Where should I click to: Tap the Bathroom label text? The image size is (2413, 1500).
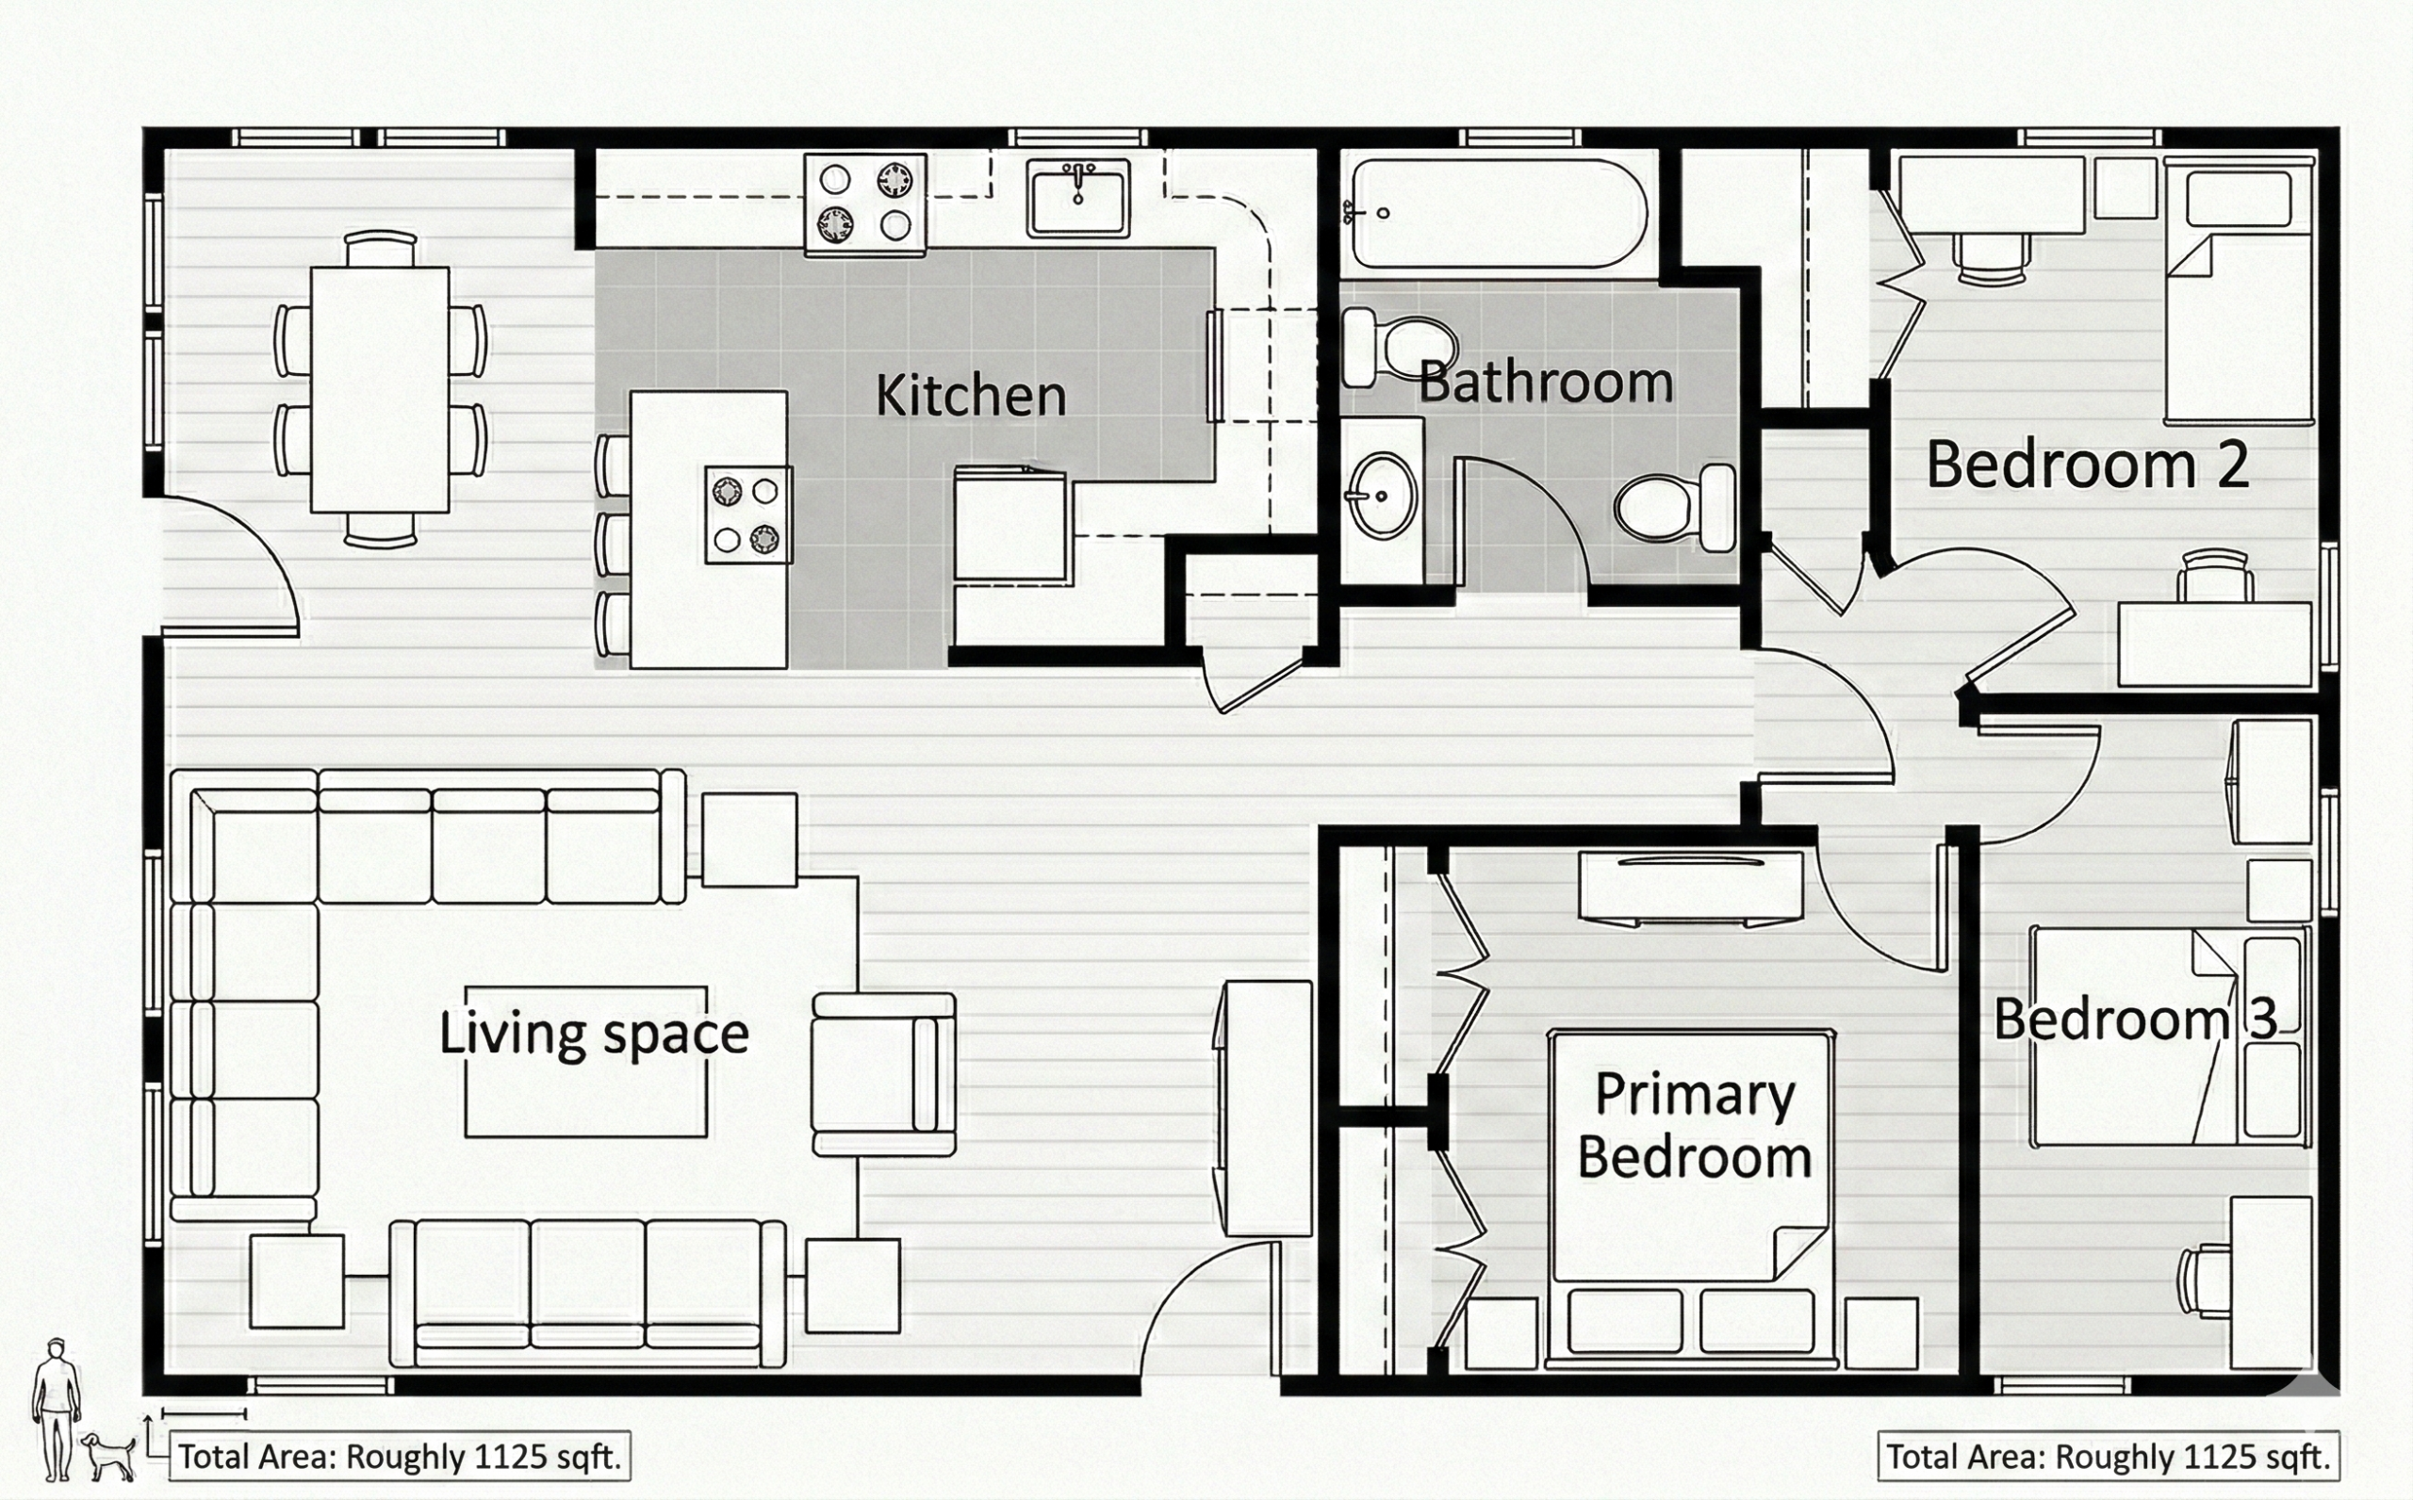tap(1546, 383)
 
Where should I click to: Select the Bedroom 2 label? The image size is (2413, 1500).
tap(2088, 465)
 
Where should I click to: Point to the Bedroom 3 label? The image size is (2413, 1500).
tap(2135, 1019)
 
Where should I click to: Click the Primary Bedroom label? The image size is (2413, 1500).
tap(1695, 1126)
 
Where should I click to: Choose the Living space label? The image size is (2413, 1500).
tap(593, 1034)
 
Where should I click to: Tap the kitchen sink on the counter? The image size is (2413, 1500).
tap(1077, 199)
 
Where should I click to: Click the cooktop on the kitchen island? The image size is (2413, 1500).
tap(748, 514)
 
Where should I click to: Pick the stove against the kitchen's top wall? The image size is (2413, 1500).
tap(865, 204)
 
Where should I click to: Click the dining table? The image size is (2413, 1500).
tap(380, 390)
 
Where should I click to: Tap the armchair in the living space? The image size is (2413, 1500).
tap(883, 1074)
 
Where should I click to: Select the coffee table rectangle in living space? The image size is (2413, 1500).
tap(586, 1062)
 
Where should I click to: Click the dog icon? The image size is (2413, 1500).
tap(108, 1457)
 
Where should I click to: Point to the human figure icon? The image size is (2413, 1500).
tap(56, 1410)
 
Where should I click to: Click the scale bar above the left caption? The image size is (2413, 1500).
tap(204, 1413)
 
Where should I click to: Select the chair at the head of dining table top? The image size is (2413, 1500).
tap(380, 247)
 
